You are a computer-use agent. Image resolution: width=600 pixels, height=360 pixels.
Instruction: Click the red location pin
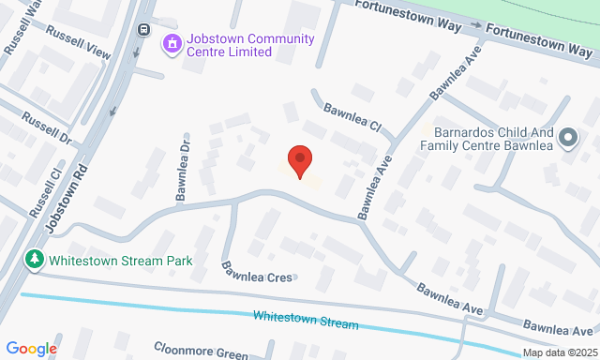[x=299, y=161]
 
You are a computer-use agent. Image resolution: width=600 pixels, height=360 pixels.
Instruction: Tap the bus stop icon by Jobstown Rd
[x=143, y=28]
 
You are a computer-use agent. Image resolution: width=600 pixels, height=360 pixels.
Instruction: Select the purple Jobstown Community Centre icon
[x=172, y=44]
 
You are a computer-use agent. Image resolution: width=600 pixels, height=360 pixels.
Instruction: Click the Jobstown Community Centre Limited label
[x=250, y=45]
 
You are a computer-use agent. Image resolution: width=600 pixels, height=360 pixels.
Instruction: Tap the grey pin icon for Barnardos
[x=568, y=139]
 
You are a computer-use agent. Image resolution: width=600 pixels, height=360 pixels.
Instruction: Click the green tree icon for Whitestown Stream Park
[x=35, y=258]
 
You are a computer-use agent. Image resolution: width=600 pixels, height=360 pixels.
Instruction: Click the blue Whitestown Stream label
[x=306, y=320]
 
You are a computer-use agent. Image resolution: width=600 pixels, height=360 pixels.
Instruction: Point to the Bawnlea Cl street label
[x=353, y=116]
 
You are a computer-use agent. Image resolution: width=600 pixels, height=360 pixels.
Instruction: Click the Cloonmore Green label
[x=202, y=351]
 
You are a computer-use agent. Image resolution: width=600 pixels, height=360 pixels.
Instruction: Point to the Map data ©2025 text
[x=559, y=352]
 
